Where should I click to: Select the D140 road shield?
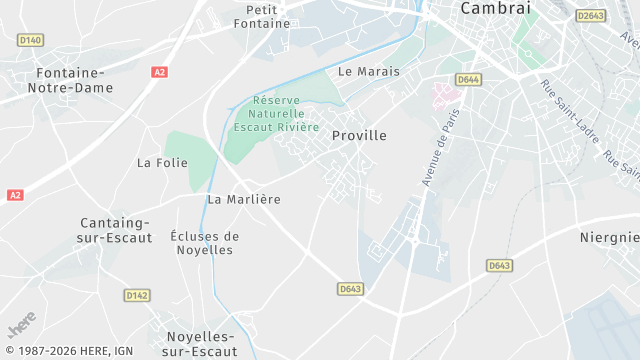pos(31,40)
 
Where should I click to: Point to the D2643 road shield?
pos(592,15)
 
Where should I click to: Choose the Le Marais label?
pos(369,72)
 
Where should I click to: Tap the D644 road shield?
pos(467,79)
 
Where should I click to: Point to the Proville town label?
pos(359,135)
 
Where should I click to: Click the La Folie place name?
pos(162,162)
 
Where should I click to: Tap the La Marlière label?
pos(244,199)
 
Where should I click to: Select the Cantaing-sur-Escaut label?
pos(115,230)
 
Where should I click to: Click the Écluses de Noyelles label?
pos(204,243)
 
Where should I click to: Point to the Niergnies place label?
pos(610,237)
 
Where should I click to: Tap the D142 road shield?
pos(137,295)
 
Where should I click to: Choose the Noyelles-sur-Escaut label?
pos(200,343)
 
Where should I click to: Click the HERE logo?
pos(22,327)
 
